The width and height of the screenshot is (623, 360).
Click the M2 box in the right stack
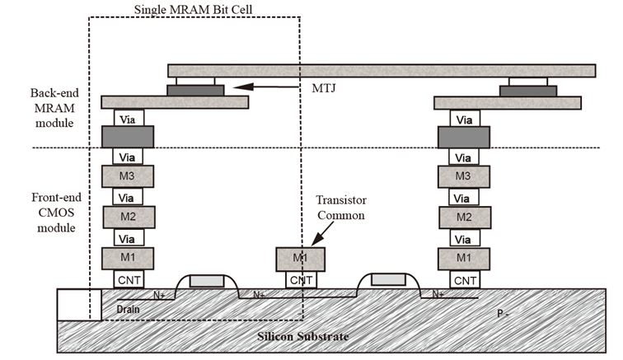point(464,217)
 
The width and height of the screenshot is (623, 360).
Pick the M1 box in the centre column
point(300,259)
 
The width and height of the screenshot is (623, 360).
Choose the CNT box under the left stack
point(128,280)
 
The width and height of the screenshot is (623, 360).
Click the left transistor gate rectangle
point(205,280)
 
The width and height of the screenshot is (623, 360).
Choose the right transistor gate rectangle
point(386,280)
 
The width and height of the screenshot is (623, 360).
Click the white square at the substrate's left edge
point(73,306)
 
